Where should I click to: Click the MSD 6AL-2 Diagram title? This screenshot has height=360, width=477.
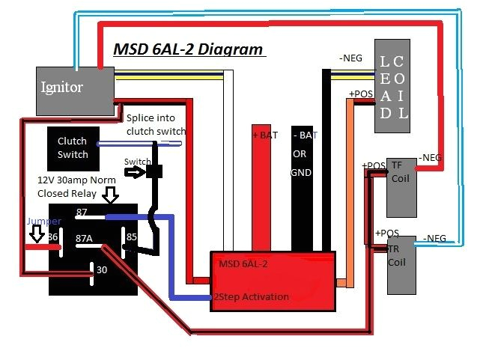tap(188, 50)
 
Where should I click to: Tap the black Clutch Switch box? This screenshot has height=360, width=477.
tap(73, 147)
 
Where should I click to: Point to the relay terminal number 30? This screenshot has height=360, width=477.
tap(102, 270)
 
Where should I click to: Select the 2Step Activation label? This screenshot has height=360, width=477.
tap(251, 297)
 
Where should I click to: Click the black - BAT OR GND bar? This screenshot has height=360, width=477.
tap(303, 187)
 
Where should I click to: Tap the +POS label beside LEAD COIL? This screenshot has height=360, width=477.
tap(361, 94)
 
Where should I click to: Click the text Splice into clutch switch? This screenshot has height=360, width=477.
tap(156, 125)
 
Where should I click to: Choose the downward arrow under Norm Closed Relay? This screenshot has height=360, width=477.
tap(111, 197)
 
